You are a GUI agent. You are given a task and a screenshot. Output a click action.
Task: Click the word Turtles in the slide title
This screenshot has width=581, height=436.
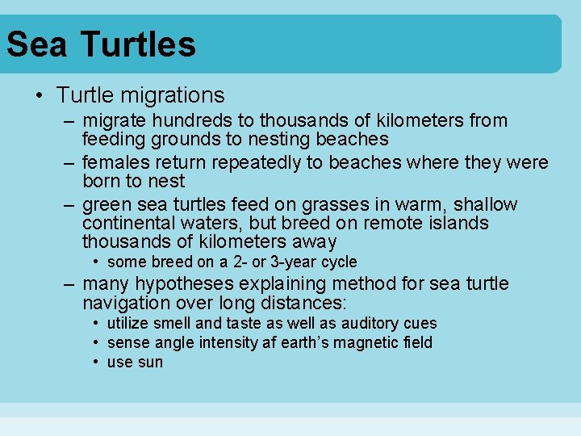point(138,44)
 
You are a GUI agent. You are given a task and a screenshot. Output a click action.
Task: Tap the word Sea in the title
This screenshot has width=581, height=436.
point(37,44)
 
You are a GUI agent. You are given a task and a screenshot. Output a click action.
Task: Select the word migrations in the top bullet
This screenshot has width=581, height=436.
point(173,95)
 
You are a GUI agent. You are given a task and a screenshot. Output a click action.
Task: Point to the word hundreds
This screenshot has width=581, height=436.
point(182,121)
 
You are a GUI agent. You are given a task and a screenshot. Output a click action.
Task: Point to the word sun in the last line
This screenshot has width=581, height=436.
point(150,363)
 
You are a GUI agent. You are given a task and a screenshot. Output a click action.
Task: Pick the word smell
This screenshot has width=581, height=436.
point(172,323)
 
